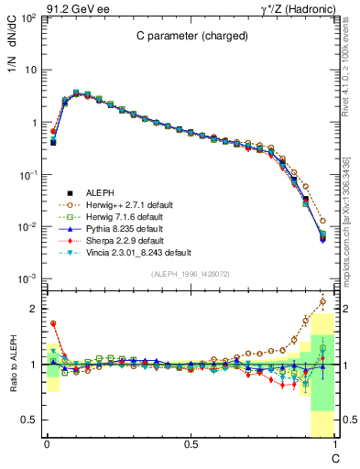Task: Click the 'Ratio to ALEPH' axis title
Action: (13, 364)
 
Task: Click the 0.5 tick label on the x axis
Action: (190, 445)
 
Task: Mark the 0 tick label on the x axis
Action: (46, 445)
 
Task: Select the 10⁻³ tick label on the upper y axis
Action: (27, 278)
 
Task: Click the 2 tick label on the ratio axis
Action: (34, 309)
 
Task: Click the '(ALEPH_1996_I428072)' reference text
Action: (189, 274)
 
